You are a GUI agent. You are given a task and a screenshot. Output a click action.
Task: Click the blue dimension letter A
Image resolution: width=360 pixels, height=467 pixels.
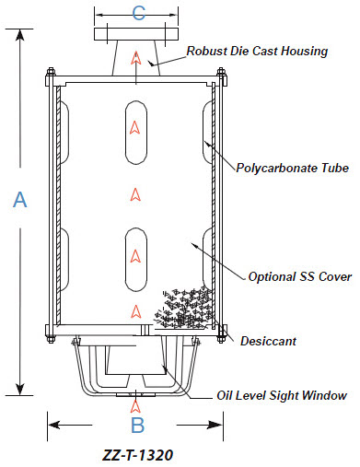[20, 199]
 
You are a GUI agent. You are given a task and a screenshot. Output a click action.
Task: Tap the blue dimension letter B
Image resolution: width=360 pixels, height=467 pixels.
[137, 425]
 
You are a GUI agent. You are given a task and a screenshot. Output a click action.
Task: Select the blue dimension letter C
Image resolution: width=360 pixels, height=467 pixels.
[138, 13]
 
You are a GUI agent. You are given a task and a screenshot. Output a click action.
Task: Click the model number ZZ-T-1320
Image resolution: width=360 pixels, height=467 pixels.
[137, 455]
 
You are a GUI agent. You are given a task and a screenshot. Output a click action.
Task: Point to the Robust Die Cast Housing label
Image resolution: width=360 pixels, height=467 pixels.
[257, 52]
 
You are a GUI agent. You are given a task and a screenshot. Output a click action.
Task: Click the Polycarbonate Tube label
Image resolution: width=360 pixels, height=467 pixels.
[293, 168]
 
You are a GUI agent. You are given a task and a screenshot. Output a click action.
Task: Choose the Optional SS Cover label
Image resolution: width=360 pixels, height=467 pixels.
[300, 276]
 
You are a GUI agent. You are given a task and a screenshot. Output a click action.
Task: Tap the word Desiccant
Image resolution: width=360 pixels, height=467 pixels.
[268, 341]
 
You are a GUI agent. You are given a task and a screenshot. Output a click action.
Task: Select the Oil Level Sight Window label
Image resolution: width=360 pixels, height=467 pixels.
[282, 395]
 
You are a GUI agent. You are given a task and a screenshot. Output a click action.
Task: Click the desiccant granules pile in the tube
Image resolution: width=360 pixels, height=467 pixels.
[184, 309]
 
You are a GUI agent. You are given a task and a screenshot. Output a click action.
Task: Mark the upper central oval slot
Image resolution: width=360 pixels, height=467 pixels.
[136, 133]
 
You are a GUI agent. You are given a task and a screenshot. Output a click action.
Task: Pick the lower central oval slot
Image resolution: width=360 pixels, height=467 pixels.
[136, 260]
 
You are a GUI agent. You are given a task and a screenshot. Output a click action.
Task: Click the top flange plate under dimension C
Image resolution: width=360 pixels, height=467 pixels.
[136, 34]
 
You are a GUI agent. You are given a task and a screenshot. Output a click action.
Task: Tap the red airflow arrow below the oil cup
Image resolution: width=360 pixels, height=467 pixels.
[135, 406]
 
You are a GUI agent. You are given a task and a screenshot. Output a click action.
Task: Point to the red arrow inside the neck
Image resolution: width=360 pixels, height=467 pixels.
[135, 58]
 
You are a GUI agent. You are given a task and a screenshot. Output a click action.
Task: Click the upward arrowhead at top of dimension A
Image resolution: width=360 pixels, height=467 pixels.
[20, 35]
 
